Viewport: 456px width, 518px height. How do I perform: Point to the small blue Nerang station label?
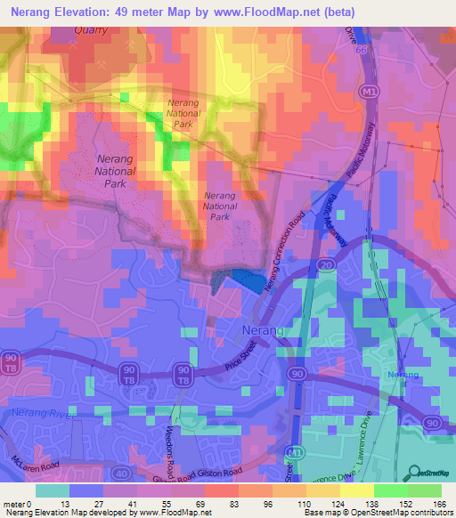coord(403,376)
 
